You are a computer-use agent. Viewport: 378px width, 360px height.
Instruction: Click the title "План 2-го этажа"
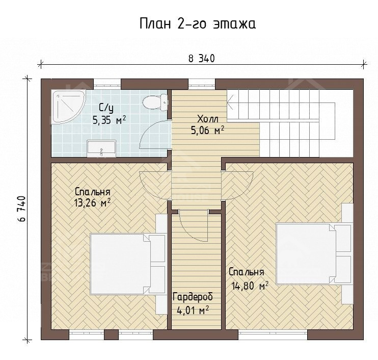click(198, 23)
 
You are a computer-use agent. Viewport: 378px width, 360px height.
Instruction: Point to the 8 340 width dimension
click(201, 59)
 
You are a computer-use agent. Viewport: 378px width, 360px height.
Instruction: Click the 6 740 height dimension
click(21, 209)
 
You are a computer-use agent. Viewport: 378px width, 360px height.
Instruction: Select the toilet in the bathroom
click(155, 102)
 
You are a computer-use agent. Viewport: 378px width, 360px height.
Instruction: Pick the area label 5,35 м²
click(109, 119)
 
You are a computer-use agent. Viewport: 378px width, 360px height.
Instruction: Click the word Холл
click(208, 119)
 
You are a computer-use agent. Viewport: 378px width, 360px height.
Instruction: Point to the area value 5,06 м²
click(207, 131)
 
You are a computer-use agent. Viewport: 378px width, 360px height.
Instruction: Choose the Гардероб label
click(193, 297)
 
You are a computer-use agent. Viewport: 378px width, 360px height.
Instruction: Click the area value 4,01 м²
click(193, 310)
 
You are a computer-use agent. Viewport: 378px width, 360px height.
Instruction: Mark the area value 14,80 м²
click(250, 286)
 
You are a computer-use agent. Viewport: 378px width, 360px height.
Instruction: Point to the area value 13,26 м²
click(93, 203)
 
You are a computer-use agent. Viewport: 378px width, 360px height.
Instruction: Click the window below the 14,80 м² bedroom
click(273, 335)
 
